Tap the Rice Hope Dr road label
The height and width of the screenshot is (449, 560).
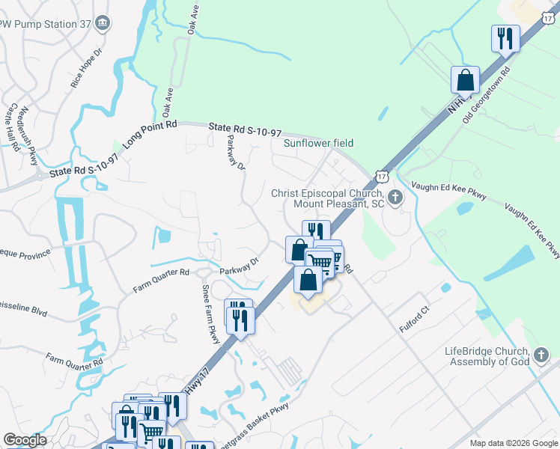[x=85, y=70]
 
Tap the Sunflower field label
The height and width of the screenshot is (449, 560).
[x=317, y=143]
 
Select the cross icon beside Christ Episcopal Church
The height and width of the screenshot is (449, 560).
[x=395, y=198]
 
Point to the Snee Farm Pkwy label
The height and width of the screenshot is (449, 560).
[x=211, y=314]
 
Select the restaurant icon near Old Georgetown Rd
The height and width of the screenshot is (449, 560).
[x=505, y=37]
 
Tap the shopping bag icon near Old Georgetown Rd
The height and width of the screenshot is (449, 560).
[x=465, y=79]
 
